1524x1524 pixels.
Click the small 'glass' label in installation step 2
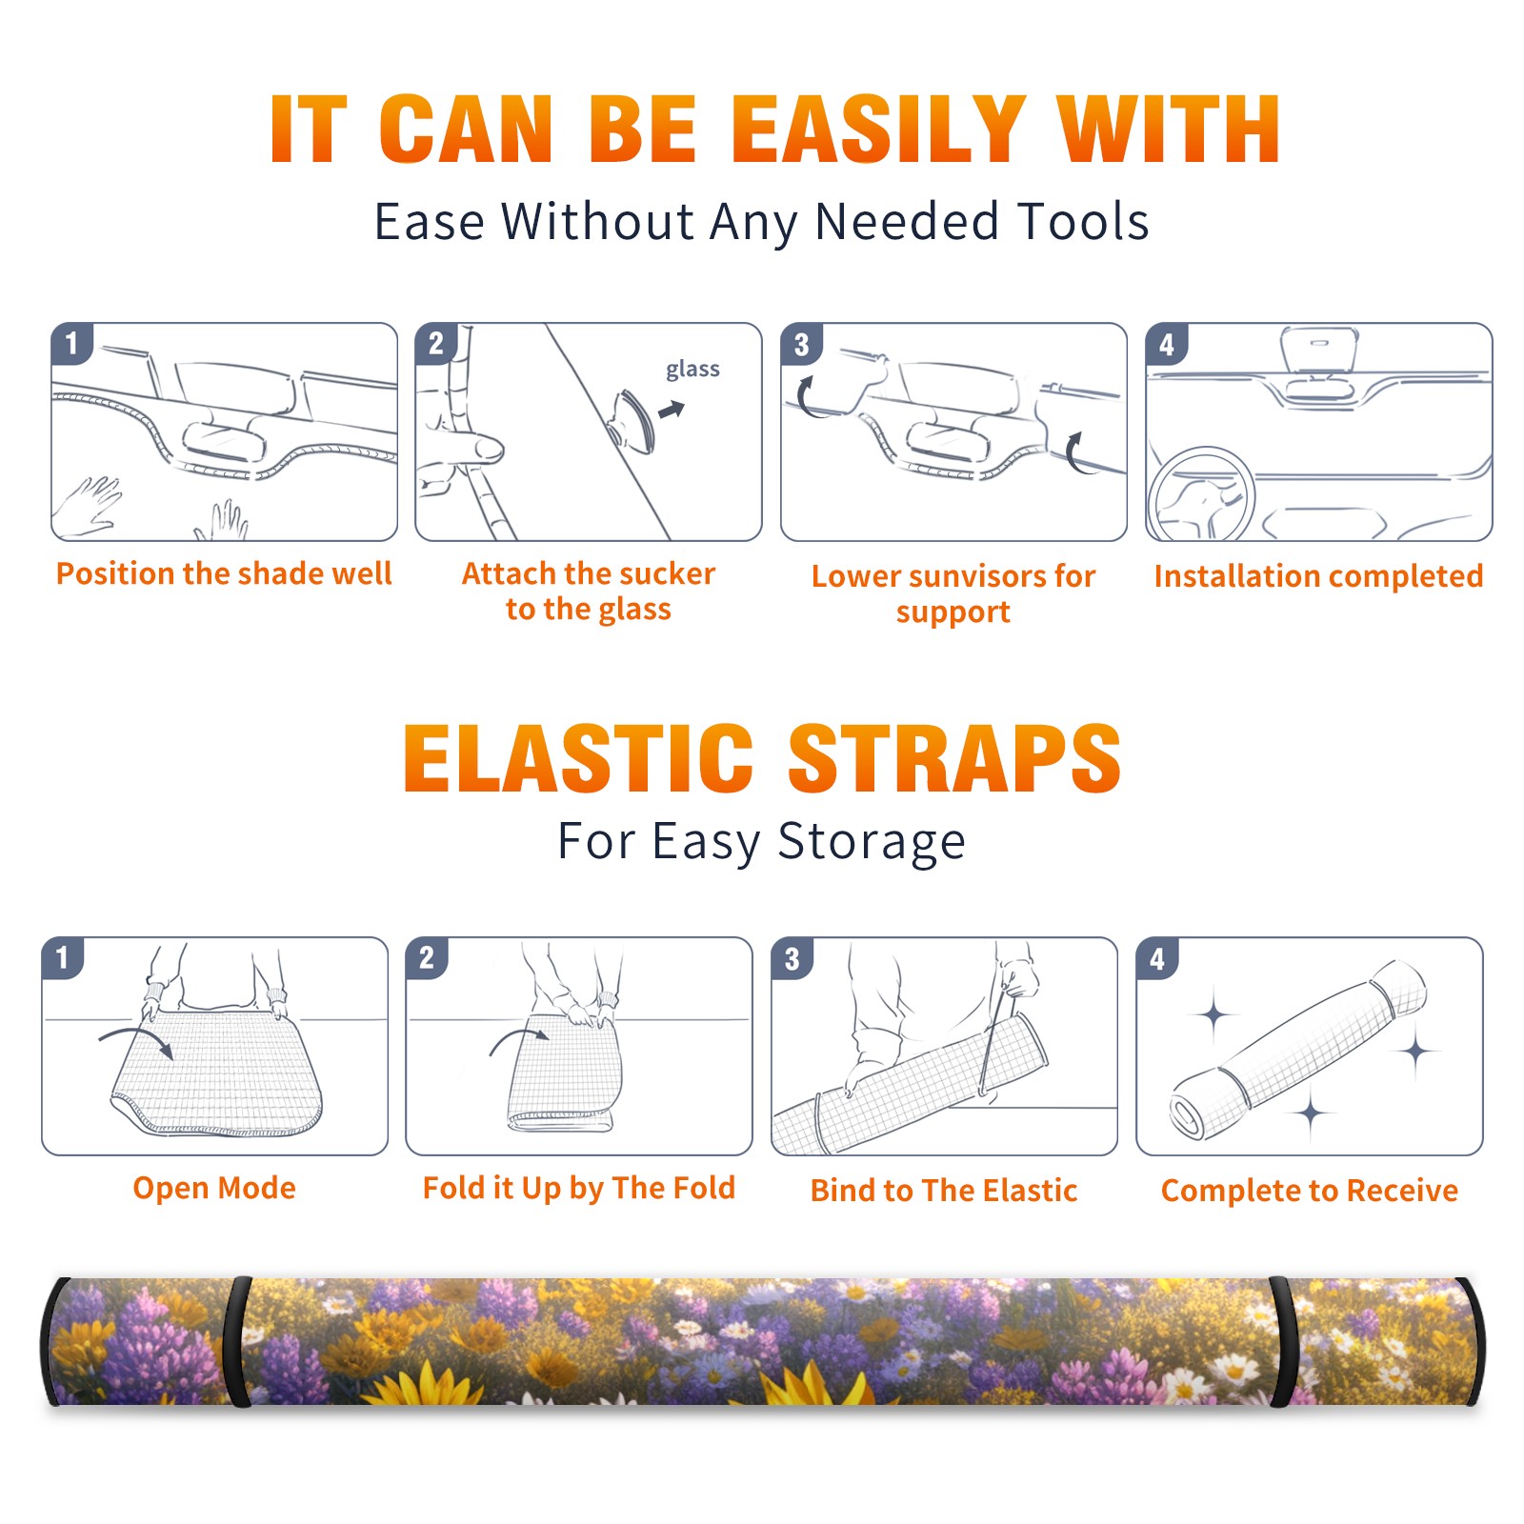[692, 370]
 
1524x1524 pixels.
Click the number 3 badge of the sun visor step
[801, 344]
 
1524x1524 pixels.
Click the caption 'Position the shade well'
[224, 573]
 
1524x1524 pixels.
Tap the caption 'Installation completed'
[1318, 576]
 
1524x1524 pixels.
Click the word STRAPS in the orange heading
[954, 758]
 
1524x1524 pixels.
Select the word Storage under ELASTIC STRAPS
[872, 842]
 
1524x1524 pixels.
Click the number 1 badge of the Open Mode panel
[63, 957]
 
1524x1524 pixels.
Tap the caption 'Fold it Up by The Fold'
[579, 1188]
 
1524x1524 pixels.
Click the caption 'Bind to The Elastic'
[944, 1191]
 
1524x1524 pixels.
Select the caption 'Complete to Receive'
[1310, 1191]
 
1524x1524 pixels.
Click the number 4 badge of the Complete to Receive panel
[1157, 957]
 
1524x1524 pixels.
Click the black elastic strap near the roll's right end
[1282, 1341]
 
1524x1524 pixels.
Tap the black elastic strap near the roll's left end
[238, 1341]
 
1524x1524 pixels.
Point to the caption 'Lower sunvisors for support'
[953, 593]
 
